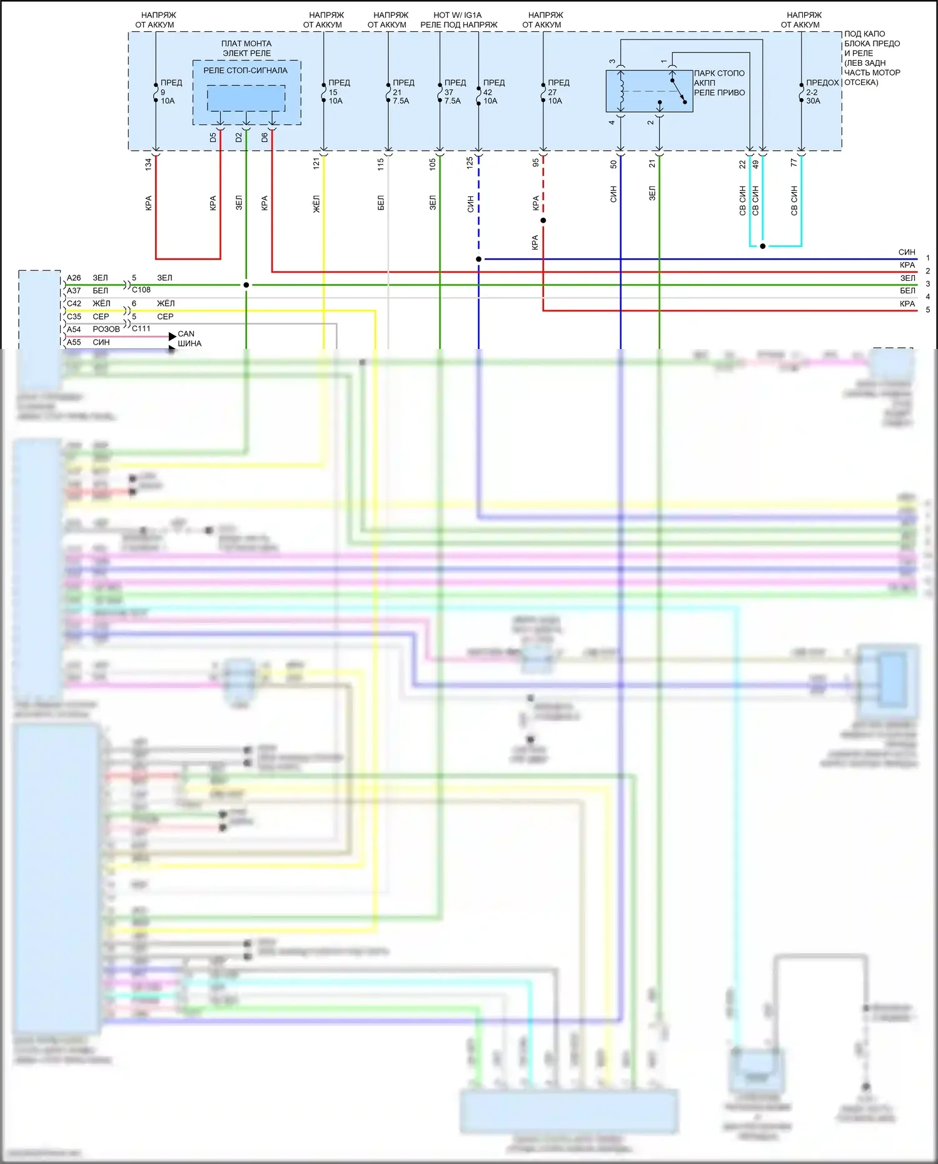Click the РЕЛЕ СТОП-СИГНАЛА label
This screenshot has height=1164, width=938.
coord(245,71)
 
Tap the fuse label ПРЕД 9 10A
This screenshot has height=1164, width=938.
coord(170,91)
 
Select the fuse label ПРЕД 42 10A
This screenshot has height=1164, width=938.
coord(493,91)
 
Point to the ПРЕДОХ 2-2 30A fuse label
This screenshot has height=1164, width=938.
coord(821,91)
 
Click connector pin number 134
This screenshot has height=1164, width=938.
coord(148,164)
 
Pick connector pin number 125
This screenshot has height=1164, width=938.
coord(470,163)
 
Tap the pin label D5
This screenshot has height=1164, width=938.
coord(213,137)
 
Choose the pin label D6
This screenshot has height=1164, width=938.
coord(265,137)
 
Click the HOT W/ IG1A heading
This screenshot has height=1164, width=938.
coord(458,15)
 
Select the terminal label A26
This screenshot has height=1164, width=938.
coord(74,278)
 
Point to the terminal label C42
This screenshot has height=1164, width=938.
coord(74,303)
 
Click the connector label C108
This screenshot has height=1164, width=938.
coord(141,290)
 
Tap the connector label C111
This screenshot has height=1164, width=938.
coord(141,328)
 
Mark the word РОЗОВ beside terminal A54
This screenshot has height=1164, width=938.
coord(106,329)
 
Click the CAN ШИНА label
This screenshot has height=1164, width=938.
coord(189,338)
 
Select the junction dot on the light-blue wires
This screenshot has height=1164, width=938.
coord(762,246)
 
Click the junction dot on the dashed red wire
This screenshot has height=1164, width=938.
coord(543,220)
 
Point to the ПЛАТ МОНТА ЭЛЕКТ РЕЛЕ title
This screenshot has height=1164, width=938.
coord(246,48)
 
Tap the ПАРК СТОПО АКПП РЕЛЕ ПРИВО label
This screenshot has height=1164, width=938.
coord(719,83)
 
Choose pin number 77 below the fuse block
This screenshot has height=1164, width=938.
coord(794,163)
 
